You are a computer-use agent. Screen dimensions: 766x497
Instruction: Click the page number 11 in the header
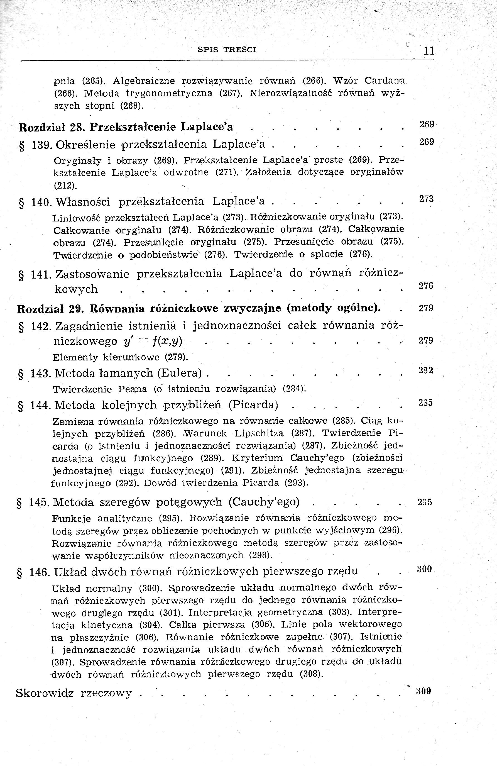(x=429, y=51)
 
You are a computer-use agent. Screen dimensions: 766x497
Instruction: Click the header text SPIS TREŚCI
(x=227, y=50)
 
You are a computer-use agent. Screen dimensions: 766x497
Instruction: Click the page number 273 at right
(x=427, y=199)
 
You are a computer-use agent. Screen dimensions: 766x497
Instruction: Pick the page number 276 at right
(x=426, y=286)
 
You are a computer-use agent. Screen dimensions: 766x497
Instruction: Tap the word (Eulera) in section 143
(x=180, y=373)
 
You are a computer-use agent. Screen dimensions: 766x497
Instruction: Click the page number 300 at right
(x=424, y=569)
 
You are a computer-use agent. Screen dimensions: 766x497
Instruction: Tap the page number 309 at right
(x=423, y=691)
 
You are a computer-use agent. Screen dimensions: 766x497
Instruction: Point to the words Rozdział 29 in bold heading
(x=50, y=309)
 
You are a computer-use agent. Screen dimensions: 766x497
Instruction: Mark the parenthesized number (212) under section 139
(x=66, y=186)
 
